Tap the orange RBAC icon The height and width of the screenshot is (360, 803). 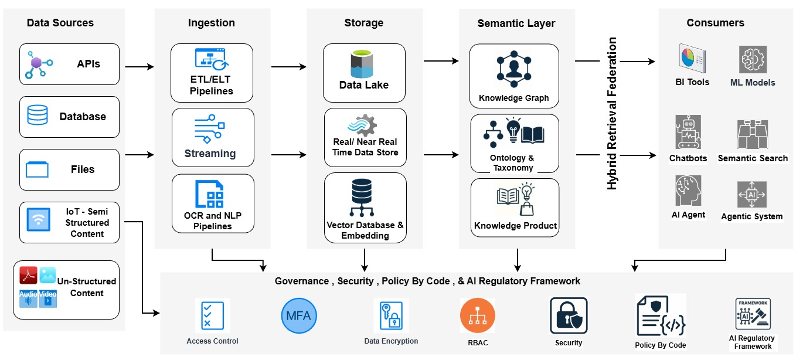pyautogui.click(x=478, y=316)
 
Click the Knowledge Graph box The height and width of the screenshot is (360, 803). pyautogui.click(x=513, y=76)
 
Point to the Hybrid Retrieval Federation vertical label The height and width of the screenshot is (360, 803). pyautogui.click(x=613, y=113)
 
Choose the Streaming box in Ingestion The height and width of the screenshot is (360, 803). pyautogui.click(x=213, y=138)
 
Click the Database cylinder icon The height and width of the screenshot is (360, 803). pyautogui.click(x=38, y=116)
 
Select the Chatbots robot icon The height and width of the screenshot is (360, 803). pyautogui.click(x=688, y=132)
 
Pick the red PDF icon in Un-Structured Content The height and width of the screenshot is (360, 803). pyautogui.click(x=29, y=275)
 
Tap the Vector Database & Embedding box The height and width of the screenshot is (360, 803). pyautogui.click(x=365, y=208)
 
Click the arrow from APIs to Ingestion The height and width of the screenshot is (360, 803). pyautogui.click(x=139, y=67)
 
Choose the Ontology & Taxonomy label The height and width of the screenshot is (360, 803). pyautogui.click(x=513, y=162)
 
